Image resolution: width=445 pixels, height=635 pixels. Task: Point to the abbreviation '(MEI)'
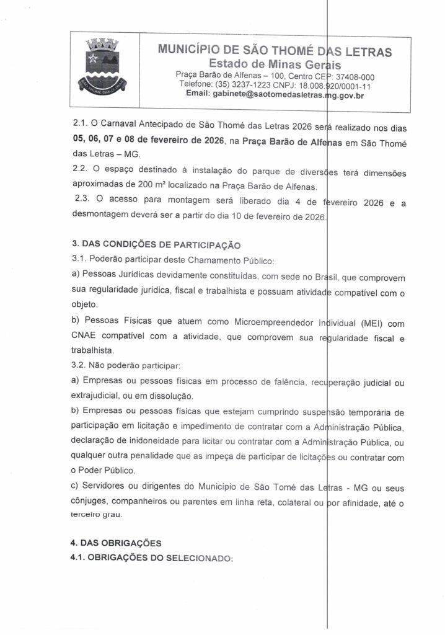tap(372, 323)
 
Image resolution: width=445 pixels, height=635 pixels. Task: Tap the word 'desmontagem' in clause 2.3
tap(102, 217)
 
